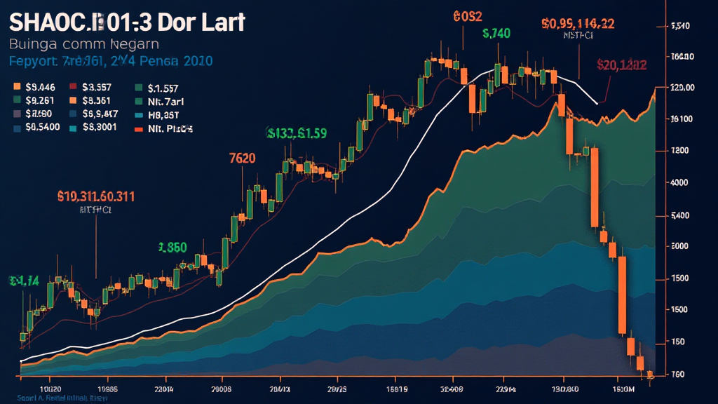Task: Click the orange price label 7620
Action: (242, 158)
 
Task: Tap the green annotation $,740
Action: (496, 33)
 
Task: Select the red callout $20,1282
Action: (621, 65)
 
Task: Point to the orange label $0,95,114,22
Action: (578, 23)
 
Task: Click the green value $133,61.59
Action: (297, 133)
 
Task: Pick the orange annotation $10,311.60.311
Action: (96, 196)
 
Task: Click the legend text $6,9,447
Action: (100, 114)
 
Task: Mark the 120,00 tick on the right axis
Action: (682, 88)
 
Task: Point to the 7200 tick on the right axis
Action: (679, 151)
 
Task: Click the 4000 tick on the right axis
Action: (679, 182)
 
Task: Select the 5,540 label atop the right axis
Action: (681, 26)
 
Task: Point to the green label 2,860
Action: (172, 247)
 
